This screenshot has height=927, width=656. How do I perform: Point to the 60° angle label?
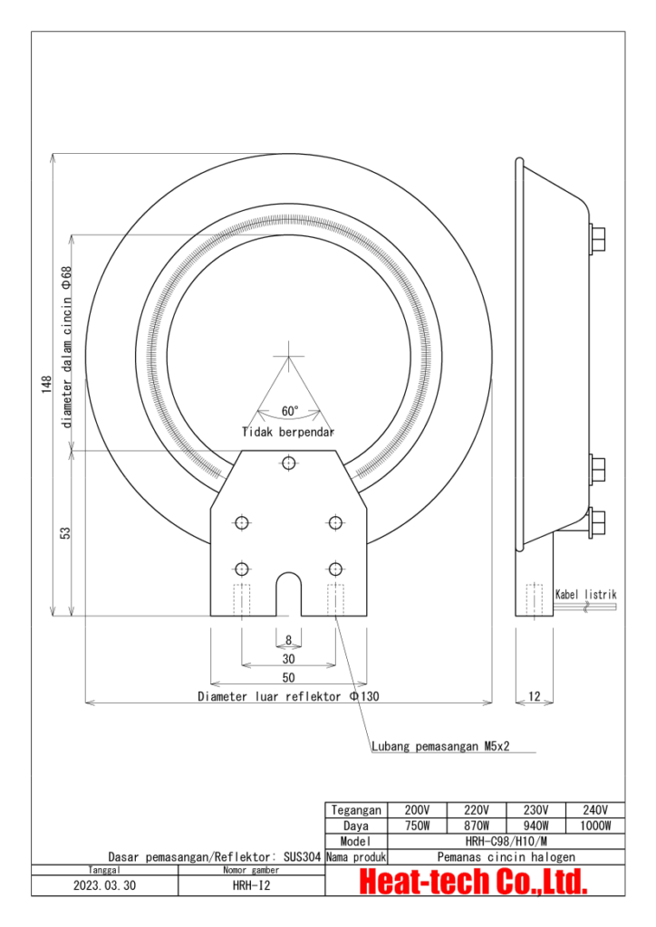[x=289, y=411]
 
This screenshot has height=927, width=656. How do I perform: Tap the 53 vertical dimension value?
[x=65, y=533]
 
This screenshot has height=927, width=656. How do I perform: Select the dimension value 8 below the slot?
[x=288, y=640]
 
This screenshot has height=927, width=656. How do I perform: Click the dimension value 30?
[x=288, y=659]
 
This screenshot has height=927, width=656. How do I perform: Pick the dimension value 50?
[x=288, y=677]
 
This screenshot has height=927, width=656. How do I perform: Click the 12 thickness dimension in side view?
[x=535, y=696]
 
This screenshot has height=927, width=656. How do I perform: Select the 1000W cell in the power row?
[x=595, y=826]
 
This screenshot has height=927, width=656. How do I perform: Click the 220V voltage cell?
[x=477, y=810]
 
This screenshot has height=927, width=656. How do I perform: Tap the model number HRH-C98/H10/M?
[x=506, y=841]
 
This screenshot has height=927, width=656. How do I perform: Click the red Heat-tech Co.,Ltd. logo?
[x=474, y=880]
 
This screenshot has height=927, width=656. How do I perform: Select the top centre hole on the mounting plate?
[x=288, y=463]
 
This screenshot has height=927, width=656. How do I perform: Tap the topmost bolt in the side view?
[x=597, y=239]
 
